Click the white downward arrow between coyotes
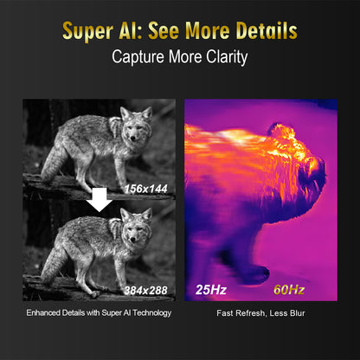101,201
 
